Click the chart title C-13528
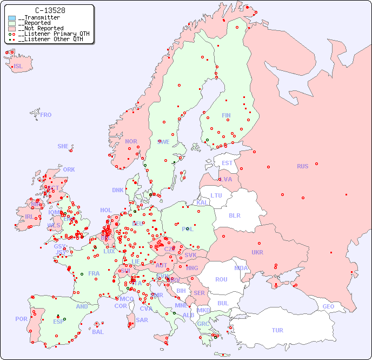50,10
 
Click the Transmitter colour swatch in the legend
12,18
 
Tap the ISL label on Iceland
18,67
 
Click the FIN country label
226,115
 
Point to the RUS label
302,166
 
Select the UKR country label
257,252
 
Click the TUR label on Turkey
277,330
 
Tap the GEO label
328,306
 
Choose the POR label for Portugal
21,319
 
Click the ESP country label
58,321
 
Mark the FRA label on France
94,273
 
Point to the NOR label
131,141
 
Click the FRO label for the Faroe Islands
46,115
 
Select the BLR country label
234,215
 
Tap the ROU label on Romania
221,279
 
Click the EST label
227,163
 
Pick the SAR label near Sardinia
142,320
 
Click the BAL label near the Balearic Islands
97,332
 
